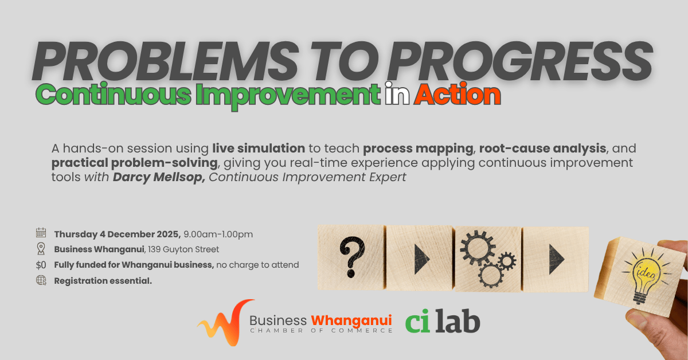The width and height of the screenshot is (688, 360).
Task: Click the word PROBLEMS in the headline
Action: coord(166,61)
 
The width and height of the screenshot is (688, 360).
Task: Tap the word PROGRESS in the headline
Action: coord(519,61)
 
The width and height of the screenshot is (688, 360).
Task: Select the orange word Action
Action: coord(458,95)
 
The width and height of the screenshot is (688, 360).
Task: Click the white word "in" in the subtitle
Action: coord(397,93)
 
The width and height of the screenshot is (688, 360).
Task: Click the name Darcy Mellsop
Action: coord(159,177)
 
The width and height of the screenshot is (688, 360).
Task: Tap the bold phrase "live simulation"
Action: coord(259,148)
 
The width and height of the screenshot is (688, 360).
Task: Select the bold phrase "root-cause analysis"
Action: coord(542,148)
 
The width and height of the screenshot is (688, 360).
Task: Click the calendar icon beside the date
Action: coord(41,233)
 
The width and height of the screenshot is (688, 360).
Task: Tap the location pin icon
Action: coord(41,248)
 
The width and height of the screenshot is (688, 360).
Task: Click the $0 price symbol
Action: coord(41,265)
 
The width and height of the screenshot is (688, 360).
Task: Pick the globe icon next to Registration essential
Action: coord(41,280)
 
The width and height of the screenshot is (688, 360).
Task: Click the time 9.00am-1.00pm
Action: coord(218,234)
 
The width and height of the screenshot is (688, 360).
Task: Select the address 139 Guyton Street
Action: coord(183,249)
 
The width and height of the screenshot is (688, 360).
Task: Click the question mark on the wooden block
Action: coord(352,257)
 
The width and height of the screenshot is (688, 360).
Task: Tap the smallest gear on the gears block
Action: coord(507,261)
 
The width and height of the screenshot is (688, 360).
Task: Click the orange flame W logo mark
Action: coord(226,323)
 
